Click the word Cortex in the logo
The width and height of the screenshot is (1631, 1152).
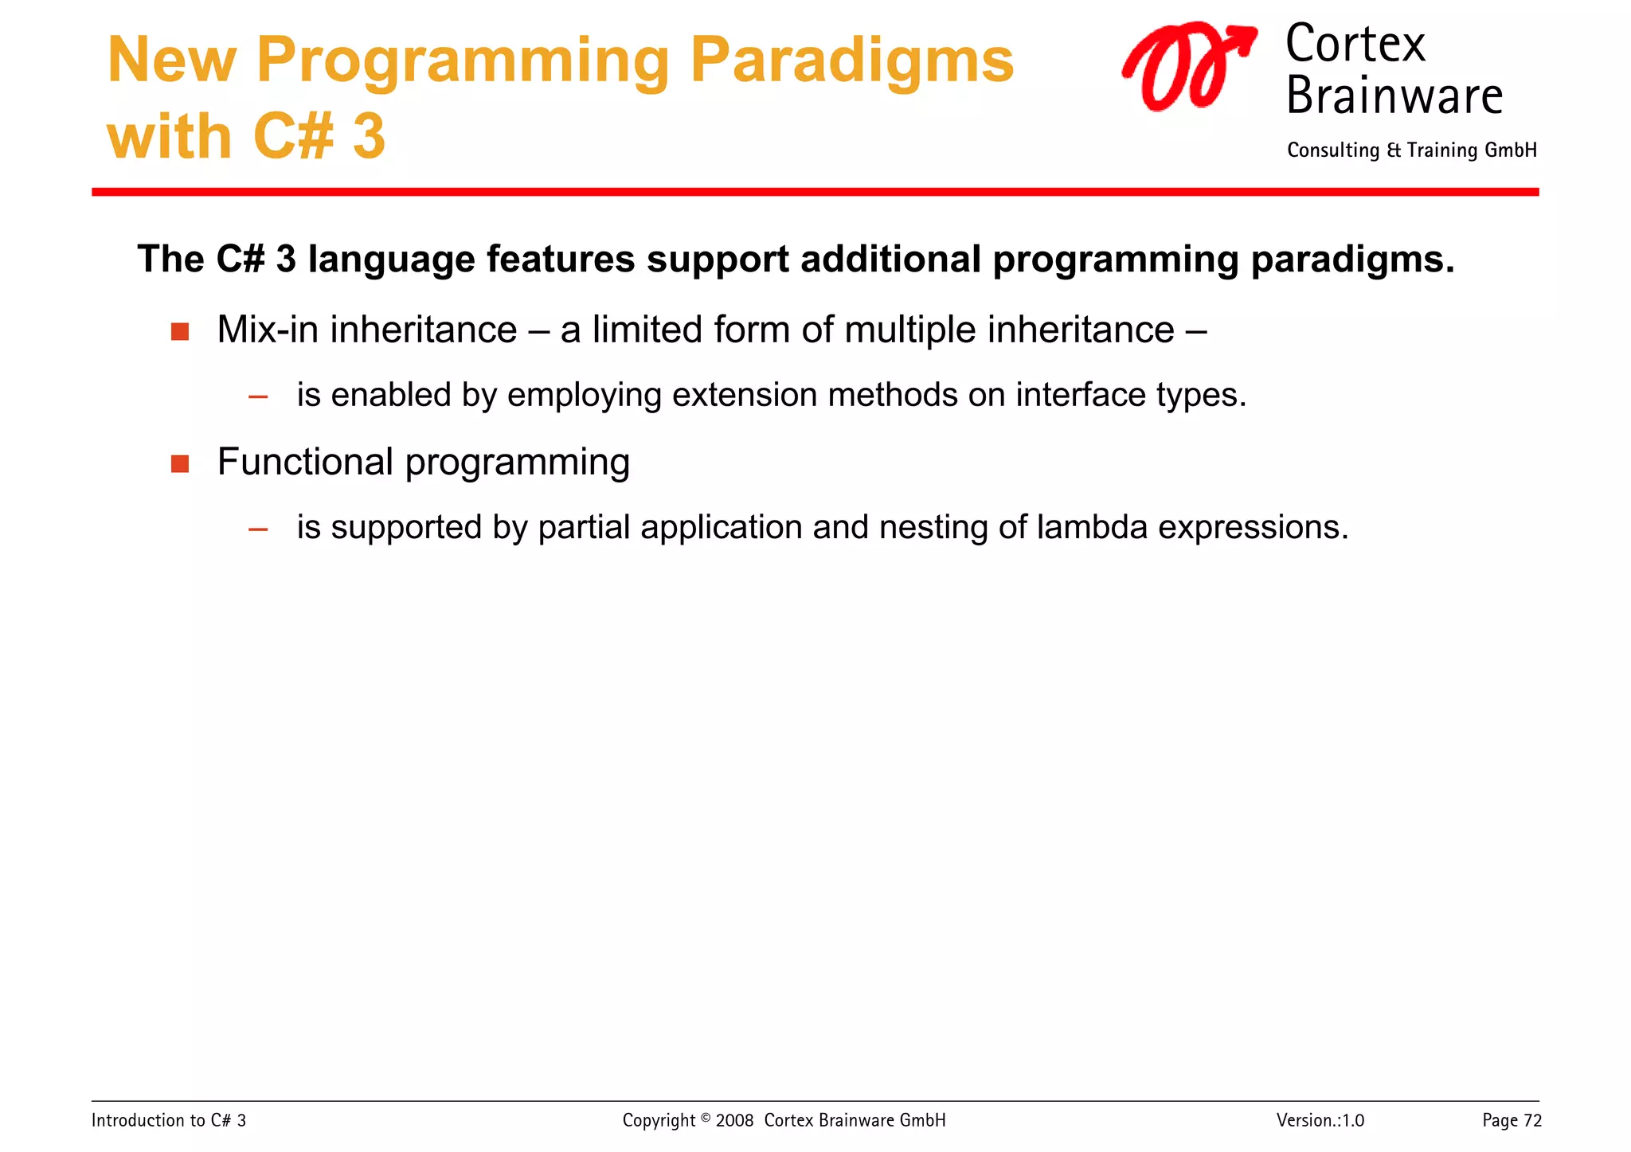[x=1355, y=45]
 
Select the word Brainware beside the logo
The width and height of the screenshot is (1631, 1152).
[x=1394, y=96]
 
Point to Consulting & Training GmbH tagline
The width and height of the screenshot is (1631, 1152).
[x=1411, y=150]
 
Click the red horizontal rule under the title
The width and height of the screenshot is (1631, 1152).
[x=815, y=192]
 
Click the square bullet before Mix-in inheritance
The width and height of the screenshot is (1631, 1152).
[x=180, y=331]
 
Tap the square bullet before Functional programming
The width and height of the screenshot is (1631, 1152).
[x=180, y=463]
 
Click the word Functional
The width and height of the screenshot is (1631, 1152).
[x=305, y=462]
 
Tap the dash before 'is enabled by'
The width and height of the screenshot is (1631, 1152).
[x=258, y=396]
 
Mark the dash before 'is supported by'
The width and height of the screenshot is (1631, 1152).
[x=258, y=529]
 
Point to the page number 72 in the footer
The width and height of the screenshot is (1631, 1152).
[x=1532, y=1121]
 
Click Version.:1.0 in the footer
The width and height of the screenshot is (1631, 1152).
[x=1320, y=1121]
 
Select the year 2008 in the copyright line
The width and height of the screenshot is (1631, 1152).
[x=734, y=1121]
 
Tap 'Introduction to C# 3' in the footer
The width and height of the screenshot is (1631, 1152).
[x=169, y=1121]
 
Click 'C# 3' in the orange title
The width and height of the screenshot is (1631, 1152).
[x=319, y=137]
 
